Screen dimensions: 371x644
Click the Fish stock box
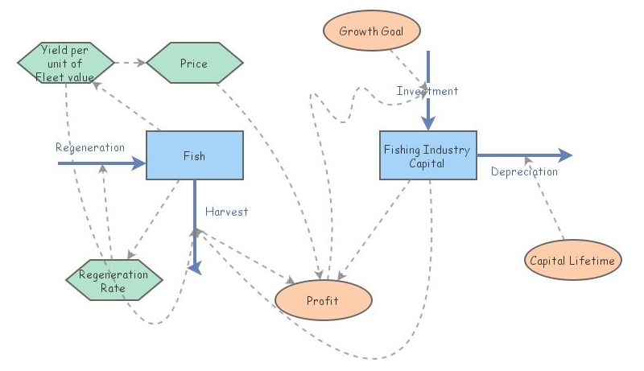pos(194,156)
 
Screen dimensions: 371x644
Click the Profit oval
pos(323,301)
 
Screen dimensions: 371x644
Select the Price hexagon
pos(194,63)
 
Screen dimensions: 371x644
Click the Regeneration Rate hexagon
pos(114,279)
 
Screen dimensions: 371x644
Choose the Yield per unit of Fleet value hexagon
pos(65,63)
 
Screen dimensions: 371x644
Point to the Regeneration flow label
pos(89,147)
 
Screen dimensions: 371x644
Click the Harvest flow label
pos(226,212)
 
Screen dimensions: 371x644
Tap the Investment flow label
pos(427,91)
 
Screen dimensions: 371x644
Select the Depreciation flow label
pos(524,171)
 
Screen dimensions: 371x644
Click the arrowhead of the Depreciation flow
pos(566,155)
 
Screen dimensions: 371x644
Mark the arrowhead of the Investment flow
pos(429,122)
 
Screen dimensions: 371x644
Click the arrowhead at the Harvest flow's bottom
pos(194,269)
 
